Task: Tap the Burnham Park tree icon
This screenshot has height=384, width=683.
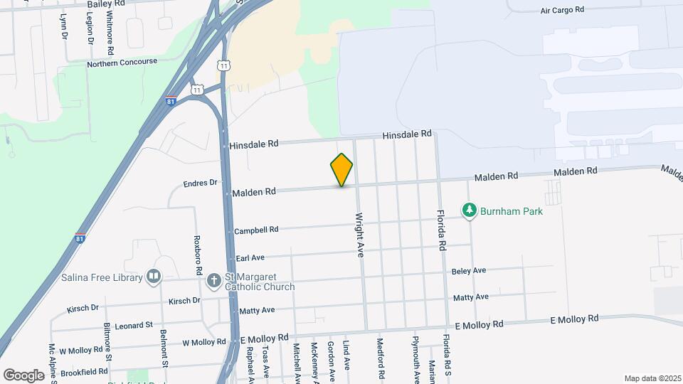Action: (x=469, y=210)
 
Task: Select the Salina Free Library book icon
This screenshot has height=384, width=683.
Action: (x=153, y=277)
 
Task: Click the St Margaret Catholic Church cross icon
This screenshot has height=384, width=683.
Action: (x=213, y=281)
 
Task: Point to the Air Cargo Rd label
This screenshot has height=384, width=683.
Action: (x=562, y=10)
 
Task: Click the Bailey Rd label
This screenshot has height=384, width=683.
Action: (x=105, y=4)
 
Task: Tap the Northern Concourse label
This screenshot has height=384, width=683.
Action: (x=122, y=63)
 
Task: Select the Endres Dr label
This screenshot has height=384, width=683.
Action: (x=200, y=183)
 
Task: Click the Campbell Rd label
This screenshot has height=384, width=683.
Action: (x=256, y=230)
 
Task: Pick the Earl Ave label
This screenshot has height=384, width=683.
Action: (x=250, y=257)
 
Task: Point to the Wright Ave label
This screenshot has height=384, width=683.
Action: (x=360, y=234)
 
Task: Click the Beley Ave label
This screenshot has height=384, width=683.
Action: (x=469, y=270)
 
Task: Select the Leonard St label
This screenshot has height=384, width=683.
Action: (x=134, y=324)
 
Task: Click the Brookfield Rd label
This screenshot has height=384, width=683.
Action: (x=84, y=371)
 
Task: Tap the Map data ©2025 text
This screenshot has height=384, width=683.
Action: (x=652, y=378)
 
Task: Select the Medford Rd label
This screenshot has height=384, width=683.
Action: (x=381, y=357)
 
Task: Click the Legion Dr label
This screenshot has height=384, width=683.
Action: (x=90, y=30)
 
